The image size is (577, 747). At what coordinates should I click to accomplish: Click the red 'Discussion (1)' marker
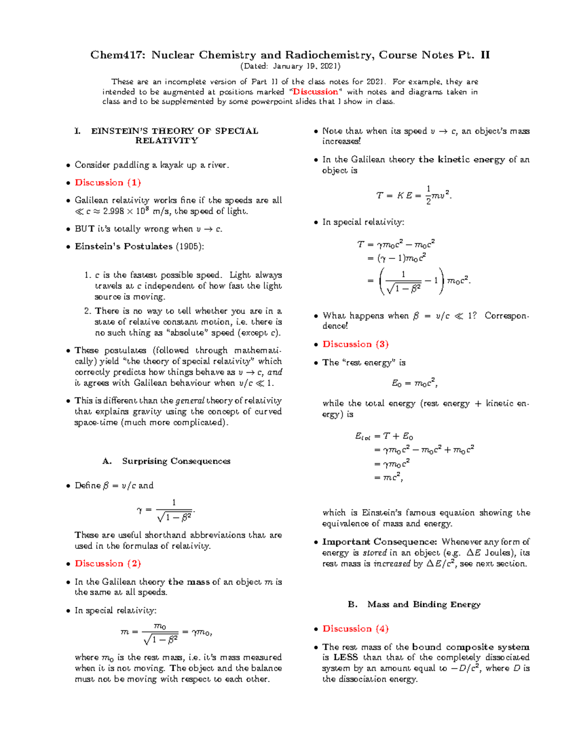(x=108, y=183)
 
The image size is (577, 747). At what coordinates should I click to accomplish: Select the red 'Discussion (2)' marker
(x=108, y=564)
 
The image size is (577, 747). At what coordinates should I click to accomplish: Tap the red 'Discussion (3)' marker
(x=355, y=344)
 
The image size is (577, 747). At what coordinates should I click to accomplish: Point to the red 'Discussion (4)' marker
(x=355, y=629)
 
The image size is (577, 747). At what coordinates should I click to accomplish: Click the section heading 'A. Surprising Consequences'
(x=166, y=461)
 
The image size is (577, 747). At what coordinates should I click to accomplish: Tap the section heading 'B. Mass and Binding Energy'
(x=414, y=605)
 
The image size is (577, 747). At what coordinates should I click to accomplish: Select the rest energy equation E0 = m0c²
(x=414, y=383)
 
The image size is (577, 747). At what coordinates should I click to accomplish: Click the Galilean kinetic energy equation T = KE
(x=414, y=195)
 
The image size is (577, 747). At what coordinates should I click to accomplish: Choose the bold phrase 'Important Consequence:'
(x=379, y=542)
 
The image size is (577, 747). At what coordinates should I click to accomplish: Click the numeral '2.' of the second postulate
(x=88, y=311)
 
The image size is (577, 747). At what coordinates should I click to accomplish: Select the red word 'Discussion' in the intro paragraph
(x=315, y=92)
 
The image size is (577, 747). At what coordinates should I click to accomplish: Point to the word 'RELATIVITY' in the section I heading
(x=166, y=141)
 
